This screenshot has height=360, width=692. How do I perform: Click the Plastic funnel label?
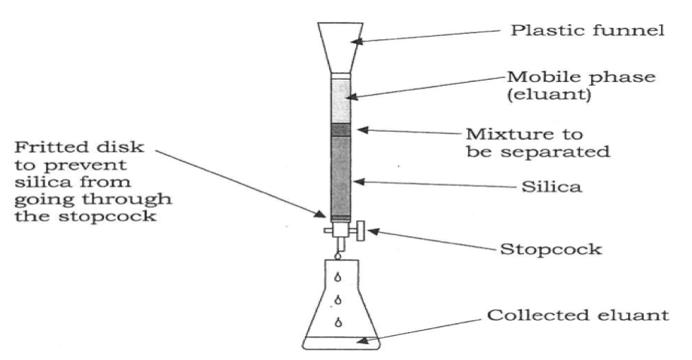(x=587, y=30)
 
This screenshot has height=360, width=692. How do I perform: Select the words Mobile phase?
(x=581, y=77)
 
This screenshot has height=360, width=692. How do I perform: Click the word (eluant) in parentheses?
(x=549, y=94)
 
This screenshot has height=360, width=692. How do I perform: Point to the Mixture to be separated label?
(x=538, y=142)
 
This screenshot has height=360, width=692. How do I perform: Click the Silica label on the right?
(x=551, y=187)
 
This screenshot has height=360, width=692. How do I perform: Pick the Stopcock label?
(x=550, y=249)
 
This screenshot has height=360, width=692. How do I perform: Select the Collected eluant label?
(x=578, y=315)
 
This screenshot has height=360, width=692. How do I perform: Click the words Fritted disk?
(x=79, y=146)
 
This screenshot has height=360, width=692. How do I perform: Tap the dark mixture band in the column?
(x=340, y=130)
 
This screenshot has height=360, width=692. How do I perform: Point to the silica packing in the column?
(x=340, y=175)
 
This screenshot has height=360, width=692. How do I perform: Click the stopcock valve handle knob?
(x=361, y=231)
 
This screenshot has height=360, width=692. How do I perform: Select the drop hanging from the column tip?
(x=338, y=255)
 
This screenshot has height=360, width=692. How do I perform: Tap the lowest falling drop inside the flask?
(x=338, y=322)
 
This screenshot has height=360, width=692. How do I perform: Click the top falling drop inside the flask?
(x=338, y=277)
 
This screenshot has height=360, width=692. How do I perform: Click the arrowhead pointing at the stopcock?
(x=371, y=230)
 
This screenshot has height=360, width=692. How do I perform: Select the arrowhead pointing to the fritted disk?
(x=320, y=214)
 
